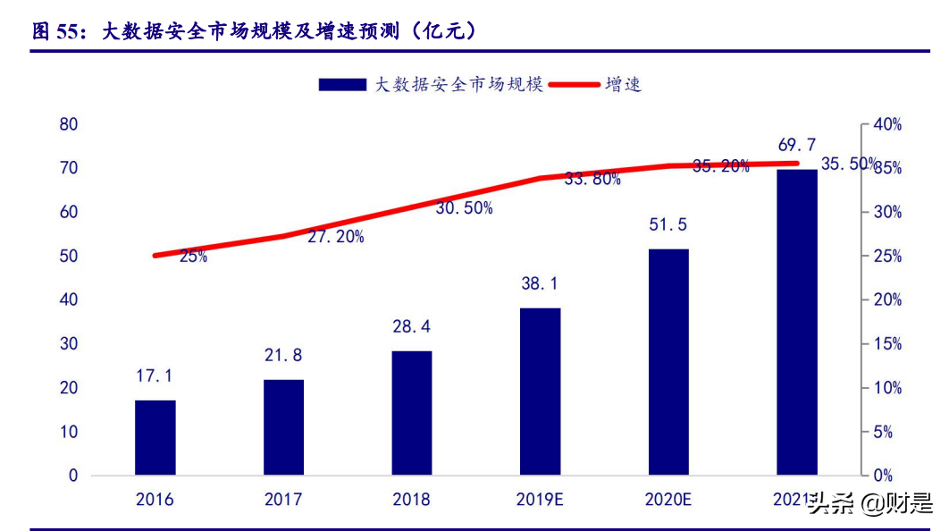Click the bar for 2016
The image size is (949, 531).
tap(155, 437)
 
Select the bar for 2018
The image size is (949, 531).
tap(411, 412)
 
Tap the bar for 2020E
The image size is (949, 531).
tap(668, 361)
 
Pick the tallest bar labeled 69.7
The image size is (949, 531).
tap(796, 322)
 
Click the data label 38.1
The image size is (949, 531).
tap(540, 283)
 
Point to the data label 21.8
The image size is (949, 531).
tap(283, 355)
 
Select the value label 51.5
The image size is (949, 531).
tap(668, 224)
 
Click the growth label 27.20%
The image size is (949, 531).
tap(335, 237)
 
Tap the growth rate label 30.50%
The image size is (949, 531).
tap(464, 207)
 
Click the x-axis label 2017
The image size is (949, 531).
tap(283, 499)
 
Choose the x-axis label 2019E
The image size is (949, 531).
tap(540, 499)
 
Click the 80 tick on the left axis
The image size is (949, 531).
tap(69, 124)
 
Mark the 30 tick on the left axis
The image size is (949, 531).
tap(69, 344)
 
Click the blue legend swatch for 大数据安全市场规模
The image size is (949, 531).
tap(342, 85)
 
